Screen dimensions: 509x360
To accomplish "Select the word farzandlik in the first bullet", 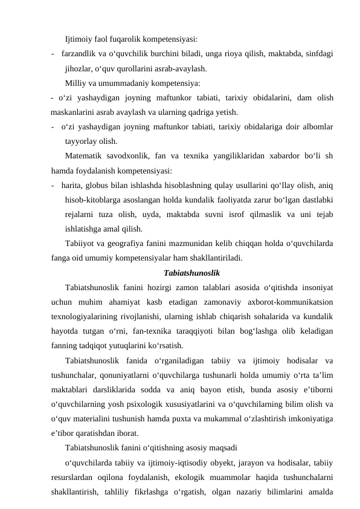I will point(79,54).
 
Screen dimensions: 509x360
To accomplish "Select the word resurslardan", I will point(75,477).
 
